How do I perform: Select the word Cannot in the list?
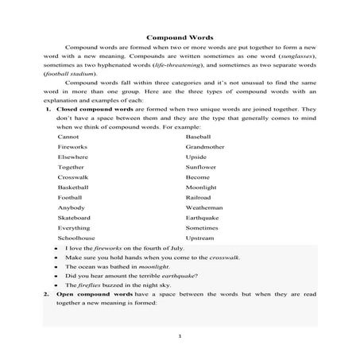pyautogui.click(x=68, y=137)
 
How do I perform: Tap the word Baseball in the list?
pyautogui.click(x=198, y=137)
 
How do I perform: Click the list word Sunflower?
pyautogui.click(x=200, y=167)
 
